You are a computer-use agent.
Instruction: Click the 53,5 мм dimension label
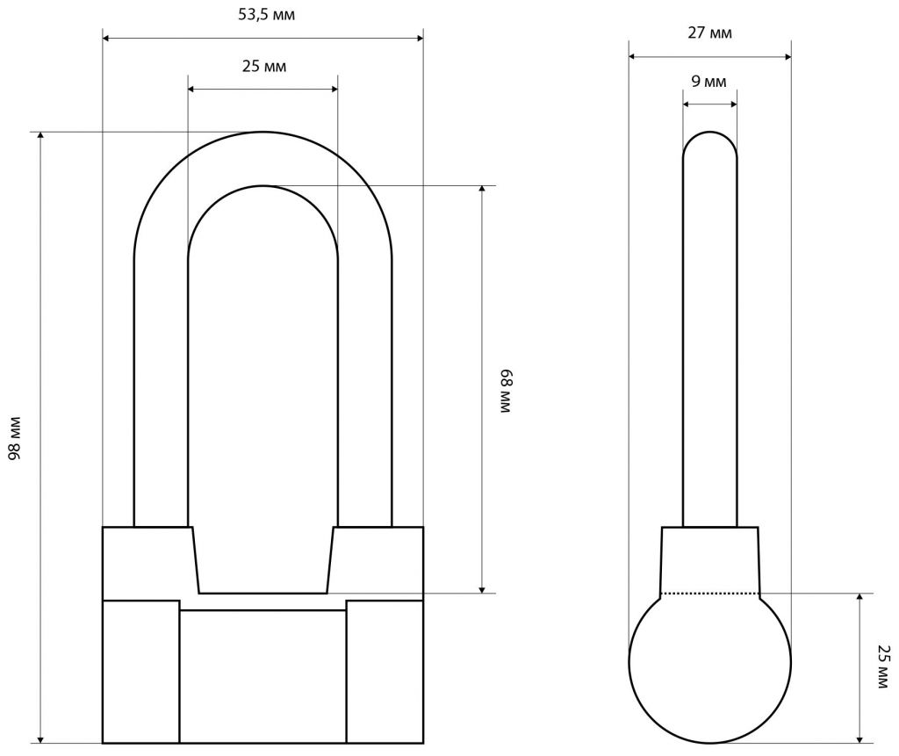tap(267, 15)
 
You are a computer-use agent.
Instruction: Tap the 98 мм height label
tap(15, 438)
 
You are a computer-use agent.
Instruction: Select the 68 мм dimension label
tap(505, 391)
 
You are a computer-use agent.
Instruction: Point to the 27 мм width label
tap(709, 33)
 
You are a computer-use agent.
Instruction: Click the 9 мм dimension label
tap(708, 82)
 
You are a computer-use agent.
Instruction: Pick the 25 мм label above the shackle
tap(263, 67)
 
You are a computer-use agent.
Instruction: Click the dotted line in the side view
tap(709, 593)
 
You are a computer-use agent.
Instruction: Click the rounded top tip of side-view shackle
tap(709, 133)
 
